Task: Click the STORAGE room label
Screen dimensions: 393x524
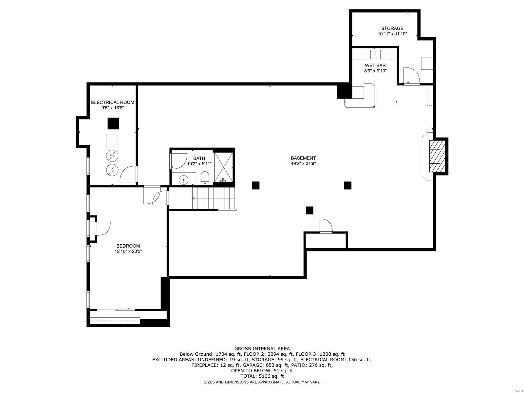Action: point(392,28)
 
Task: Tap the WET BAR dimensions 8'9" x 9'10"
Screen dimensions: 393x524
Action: point(375,71)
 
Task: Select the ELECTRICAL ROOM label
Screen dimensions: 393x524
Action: point(112,103)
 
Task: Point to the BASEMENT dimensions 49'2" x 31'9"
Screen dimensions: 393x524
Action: point(303,163)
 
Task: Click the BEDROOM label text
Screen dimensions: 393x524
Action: point(128,246)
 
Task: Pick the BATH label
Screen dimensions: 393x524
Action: point(199,158)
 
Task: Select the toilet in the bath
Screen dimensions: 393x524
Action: point(205,178)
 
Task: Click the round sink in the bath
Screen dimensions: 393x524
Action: point(184,180)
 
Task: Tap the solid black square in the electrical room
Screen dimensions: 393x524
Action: point(113,123)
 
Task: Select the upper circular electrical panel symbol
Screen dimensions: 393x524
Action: point(112,156)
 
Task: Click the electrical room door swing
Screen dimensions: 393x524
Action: point(128,174)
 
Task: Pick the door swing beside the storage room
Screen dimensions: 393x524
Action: point(411,75)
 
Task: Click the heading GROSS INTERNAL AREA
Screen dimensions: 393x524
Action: point(262,349)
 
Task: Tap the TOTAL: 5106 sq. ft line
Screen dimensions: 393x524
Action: point(262,376)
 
